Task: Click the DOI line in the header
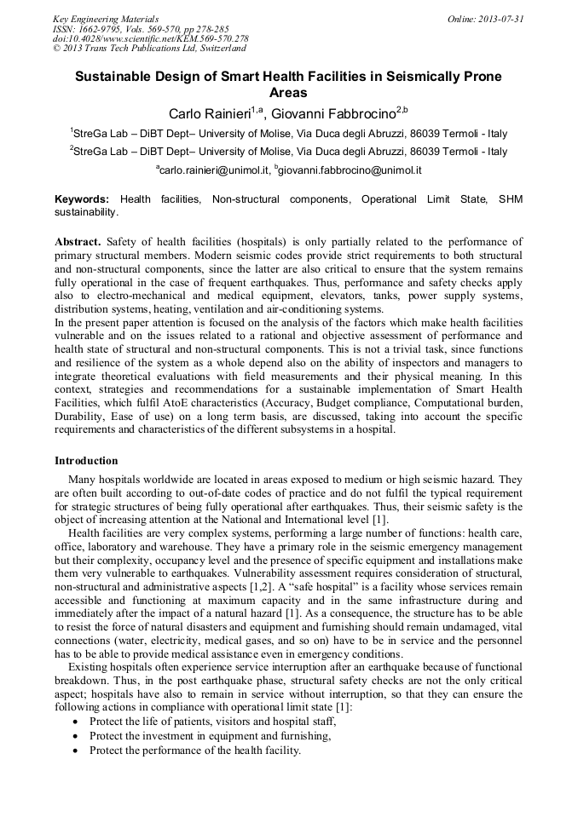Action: point(150,38)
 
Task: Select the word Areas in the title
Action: point(288,93)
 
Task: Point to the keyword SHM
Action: point(509,198)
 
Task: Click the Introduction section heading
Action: point(86,461)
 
